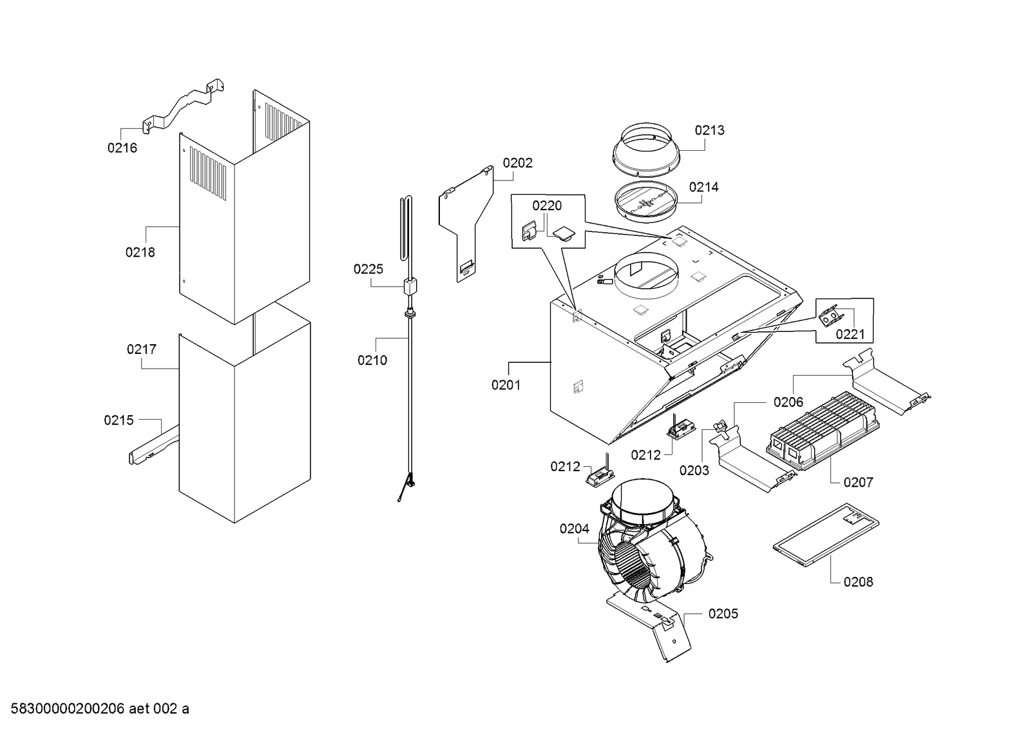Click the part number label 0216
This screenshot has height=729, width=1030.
point(122,148)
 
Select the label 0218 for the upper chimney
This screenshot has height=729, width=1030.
point(140,252)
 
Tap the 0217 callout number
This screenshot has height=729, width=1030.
point(141,349)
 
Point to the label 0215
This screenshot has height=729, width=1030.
point(119,420)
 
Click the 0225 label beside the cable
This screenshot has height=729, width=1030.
point(368,269)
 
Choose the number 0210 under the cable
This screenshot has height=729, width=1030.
point(372,360)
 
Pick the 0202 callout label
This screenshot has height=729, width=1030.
point(517,163)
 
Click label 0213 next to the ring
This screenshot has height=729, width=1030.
point(709,130)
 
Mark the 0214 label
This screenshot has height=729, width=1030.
point(703,187)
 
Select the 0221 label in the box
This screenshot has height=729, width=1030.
point(850,334)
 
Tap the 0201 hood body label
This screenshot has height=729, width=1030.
point(506,385)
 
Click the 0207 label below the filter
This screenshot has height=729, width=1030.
point(858,482)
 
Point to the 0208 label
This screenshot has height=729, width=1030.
point(858,582)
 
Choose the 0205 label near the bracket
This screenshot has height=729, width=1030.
point(723,614)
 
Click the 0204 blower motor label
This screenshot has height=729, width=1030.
point(574,529)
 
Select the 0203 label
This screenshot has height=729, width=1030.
point(694,471)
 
